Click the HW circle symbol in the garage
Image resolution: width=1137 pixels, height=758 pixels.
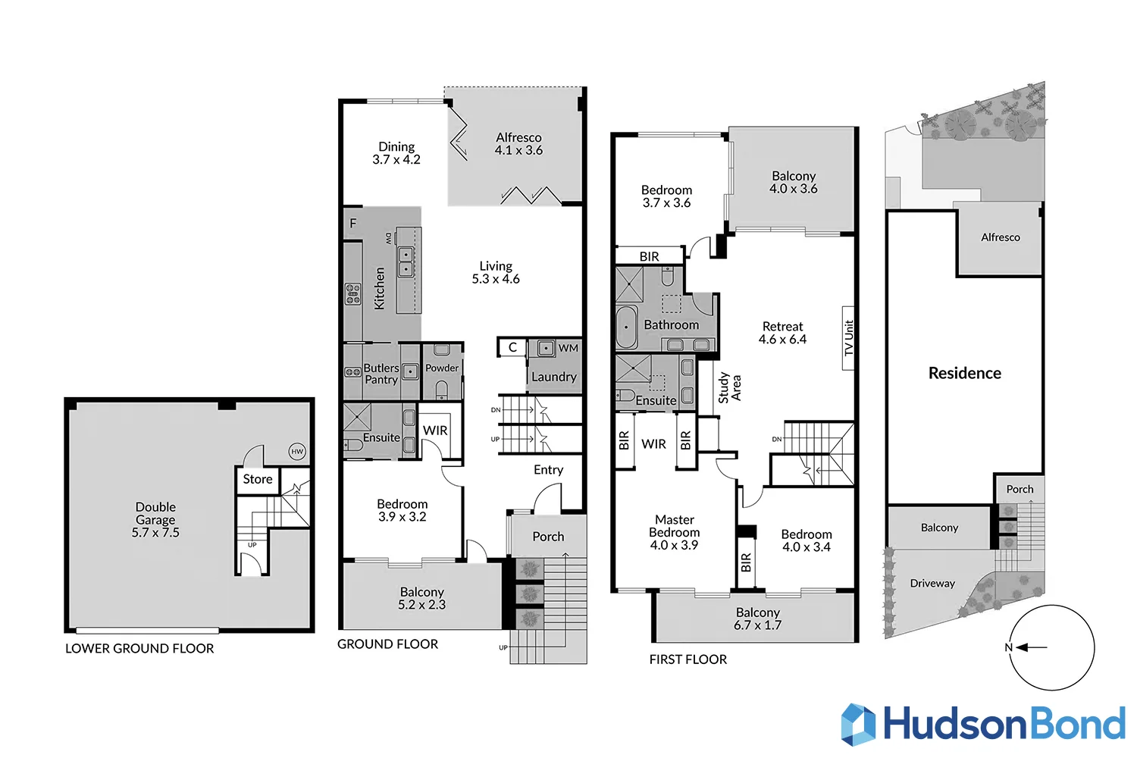[297, 452]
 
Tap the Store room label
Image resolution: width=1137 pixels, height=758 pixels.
[258, 479]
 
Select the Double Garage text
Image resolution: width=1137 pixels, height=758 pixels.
[155, 519]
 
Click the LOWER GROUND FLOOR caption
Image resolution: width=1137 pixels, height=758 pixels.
[139, 649]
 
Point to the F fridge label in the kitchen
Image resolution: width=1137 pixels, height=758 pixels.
[352, 224]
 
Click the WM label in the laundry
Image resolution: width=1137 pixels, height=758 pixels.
[568, 348]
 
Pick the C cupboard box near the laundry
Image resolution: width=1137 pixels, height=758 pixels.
[512, 347]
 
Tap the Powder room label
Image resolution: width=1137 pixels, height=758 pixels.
[442, 368]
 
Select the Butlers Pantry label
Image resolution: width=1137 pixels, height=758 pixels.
[381, 374]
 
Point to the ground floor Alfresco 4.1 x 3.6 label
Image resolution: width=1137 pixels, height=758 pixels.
[518, 144]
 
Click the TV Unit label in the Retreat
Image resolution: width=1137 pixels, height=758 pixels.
[849, 338]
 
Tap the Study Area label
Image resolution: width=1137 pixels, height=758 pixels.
[729, 387]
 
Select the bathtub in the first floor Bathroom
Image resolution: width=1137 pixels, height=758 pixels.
[626, 327]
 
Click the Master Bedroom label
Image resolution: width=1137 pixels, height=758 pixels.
[674, 532]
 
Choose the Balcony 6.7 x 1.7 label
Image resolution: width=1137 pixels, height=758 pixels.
[757, 619]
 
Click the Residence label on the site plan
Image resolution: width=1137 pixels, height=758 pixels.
[964, 373]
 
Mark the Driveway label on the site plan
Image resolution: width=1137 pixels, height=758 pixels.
[932, 584]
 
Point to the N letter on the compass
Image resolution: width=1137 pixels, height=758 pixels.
[1008, 647]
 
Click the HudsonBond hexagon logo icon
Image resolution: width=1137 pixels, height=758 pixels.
[858, 725]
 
